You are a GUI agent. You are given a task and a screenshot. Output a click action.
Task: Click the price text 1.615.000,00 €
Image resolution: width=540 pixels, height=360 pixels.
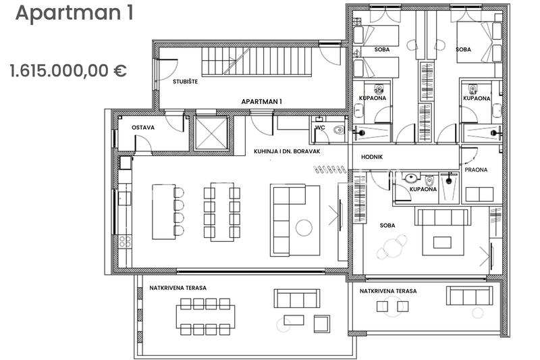68,71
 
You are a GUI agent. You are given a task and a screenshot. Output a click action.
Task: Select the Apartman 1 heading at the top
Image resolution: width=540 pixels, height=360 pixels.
74,13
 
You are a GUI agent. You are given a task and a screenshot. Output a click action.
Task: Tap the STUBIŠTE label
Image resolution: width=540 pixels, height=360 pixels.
185,82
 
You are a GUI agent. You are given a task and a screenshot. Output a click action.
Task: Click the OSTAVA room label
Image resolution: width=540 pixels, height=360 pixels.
143,128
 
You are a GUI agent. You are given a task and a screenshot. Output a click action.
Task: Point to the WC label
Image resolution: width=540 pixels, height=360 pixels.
320,128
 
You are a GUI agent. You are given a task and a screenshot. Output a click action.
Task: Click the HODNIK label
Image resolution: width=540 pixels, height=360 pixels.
372,157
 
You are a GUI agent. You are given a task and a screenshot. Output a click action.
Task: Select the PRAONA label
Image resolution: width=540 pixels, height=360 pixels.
476,170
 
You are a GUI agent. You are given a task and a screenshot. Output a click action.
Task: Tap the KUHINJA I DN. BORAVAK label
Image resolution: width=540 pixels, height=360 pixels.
287,151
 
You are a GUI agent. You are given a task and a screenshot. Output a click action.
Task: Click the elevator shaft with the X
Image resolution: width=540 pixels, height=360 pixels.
211,133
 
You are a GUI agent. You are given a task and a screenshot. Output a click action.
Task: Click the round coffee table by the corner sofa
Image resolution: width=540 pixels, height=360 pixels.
304,228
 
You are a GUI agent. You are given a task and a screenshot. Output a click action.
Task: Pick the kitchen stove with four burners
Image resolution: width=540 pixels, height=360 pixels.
125,241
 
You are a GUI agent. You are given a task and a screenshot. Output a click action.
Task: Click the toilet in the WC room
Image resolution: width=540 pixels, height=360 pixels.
339,130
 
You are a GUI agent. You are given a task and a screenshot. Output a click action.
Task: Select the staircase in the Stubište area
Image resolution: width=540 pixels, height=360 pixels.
256,61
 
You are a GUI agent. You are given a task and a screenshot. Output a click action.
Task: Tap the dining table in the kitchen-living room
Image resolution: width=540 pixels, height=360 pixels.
222,212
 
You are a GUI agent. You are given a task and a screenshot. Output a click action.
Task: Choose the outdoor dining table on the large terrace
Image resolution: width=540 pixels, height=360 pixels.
206,317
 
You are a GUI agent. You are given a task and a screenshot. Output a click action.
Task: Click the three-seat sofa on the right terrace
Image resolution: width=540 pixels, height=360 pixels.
469,296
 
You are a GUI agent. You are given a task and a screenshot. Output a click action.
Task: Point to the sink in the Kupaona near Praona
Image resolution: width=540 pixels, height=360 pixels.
411,178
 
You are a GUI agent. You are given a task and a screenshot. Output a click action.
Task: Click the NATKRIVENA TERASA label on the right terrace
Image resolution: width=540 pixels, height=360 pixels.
388,291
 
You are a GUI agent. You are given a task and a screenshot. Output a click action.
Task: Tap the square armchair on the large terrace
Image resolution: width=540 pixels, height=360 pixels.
322,324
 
